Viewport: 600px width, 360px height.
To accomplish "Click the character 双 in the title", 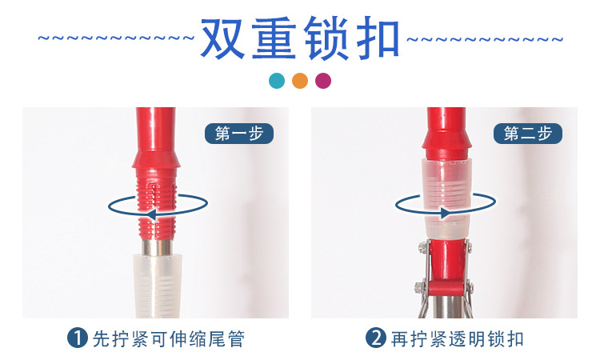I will point(224,38).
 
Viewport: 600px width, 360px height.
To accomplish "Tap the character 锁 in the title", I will point(326,38).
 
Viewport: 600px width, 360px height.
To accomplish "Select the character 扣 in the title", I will point(375,38).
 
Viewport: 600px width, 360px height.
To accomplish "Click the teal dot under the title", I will point(276,81).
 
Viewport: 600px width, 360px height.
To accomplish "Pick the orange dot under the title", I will point(300,81).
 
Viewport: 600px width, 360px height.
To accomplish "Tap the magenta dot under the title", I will point(323,81).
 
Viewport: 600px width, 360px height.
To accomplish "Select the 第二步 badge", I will point(528,133).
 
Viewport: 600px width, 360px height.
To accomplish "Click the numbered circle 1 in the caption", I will point(78,338).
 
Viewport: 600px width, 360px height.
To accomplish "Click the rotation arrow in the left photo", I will point(155,207).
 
